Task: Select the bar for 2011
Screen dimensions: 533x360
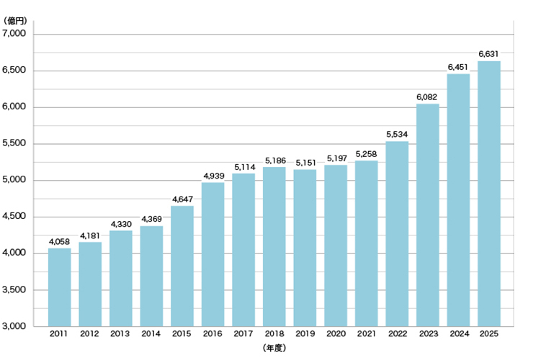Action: pyautogui.click(x=60, y=287)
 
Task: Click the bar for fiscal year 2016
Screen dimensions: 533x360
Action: pyautogui.click(x=212, y=254)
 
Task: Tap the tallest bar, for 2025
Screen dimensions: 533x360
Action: pyautogui.click(x=489, y=194)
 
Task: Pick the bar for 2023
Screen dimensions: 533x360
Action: pyautogui.click(x=428, y=215)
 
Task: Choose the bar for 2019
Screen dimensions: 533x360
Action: pyautogui.click(x=305, y=248)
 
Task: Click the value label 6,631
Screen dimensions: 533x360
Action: pyautogui.click(x=488, y=54)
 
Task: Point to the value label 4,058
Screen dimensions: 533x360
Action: pyautogui.click(x=59, y=242)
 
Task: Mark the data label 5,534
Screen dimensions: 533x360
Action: pyautogui.click(x=397, y=134)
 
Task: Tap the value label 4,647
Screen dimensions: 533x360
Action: pyautogui.click(x=182, y=199)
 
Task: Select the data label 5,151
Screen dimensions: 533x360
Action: pyautogui.click(x=305, y=163)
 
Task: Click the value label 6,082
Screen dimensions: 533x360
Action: pyautogui.click(x=426, y=97)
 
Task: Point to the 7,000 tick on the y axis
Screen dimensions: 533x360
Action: pyautogui.click(x=14, y=33)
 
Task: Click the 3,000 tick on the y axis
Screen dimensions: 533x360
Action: pyautogui.click(x=14, y=326)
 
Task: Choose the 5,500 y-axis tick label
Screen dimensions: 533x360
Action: pyautogui.click(x=14, y=143)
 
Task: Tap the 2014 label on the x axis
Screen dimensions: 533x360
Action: pyautogui.click(x=151, y=334)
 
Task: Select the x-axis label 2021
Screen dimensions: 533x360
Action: pyautogui.click(x=366, y=334)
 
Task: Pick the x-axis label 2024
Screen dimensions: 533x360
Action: pyautogui.click(x=460, y=334)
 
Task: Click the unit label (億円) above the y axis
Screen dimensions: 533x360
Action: pyautogui.click(x=15, y=21)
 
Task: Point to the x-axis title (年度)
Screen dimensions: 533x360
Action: pyautogui.click(x=274, y=348)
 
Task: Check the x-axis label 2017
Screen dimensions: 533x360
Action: pyautogui.click(x=243, y=334)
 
